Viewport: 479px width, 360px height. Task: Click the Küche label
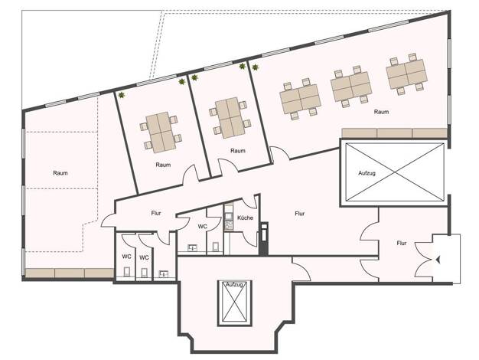pos(246,218)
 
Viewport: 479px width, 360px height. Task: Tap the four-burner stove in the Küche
pos(229,225)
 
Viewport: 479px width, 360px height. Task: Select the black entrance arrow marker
pos(438,260)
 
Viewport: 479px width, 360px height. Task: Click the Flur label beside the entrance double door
pos(402,243)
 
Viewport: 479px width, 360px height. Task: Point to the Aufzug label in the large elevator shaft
pos(367,173)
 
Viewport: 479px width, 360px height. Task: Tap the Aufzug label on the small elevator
pos(234,285)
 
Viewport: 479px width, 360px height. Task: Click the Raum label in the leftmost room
pos(60,173)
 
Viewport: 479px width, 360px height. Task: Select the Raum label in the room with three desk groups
pos(381,112)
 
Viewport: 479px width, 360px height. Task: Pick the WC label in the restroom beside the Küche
pos(202,227)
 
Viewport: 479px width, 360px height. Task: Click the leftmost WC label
pos(126,257)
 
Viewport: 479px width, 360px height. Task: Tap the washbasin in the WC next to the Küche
pos(193,247)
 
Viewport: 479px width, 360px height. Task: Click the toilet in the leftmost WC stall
pos(127,271)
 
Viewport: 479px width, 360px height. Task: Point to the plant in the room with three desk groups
pos(255,67)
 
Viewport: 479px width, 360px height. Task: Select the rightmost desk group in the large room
pos(406,74)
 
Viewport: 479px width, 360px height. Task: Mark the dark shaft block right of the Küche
pos(264,239)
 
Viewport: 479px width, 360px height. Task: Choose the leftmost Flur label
pos(156,213)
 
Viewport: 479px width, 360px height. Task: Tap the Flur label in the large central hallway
pos(300,214)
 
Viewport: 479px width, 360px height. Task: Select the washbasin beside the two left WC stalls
pos(165,273)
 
